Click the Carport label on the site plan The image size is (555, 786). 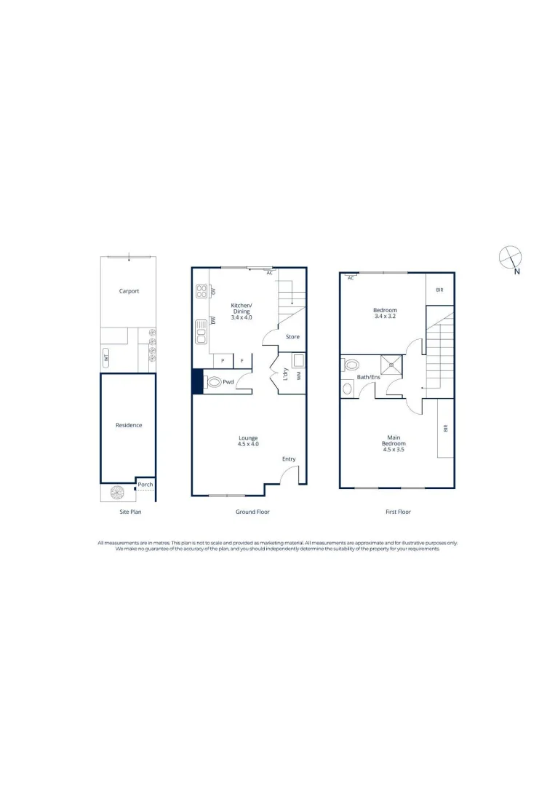pos(129,291)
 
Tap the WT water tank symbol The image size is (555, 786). pos(106,357)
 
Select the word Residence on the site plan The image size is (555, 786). pos(129,425)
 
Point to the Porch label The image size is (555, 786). pos(145,483)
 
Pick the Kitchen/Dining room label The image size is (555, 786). pos(241,311)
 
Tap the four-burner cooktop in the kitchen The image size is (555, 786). pos(201,291)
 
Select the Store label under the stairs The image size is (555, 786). pos(292,337)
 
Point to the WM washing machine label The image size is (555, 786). pos(298,375)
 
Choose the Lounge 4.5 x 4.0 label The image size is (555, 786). pos(249,441)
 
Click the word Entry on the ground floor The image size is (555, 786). pos(290,459)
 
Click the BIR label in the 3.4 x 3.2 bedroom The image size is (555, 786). pos(439,290)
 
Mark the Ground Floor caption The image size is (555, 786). pos(252,512)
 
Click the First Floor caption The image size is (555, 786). pos(398,512)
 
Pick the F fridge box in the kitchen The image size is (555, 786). pos(242,361)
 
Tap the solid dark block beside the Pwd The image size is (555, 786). pos(197,381)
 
